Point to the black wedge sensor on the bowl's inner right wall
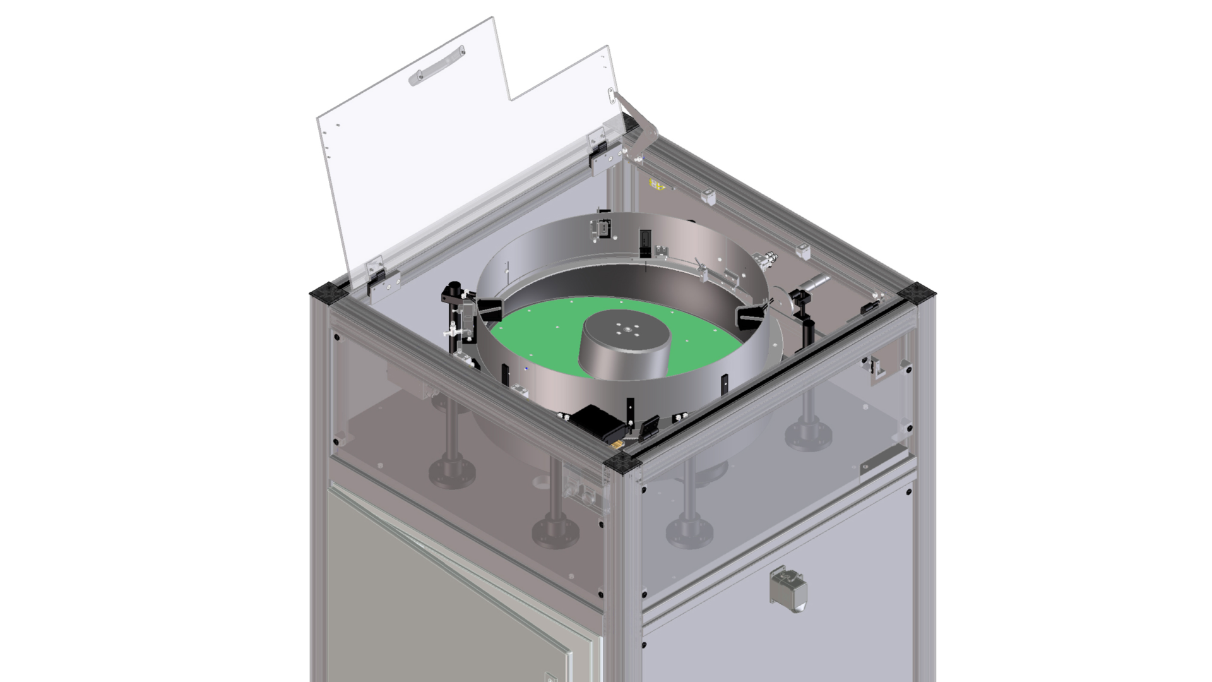(751, 314)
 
